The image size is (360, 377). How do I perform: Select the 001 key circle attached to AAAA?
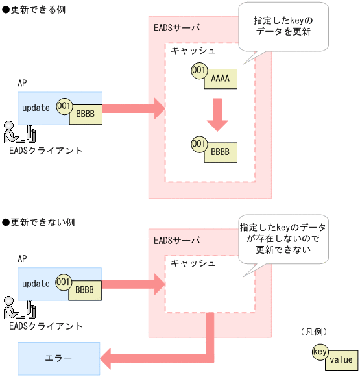coord(199,70)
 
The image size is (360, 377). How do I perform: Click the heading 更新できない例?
coord(38,222)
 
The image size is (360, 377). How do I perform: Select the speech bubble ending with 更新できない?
coord(283,239)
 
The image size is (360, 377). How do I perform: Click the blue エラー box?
coord(58,358)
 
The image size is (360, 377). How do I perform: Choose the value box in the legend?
coord(341,359)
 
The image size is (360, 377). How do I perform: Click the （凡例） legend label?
coord(317,332)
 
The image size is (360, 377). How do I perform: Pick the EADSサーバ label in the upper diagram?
coord(177,29)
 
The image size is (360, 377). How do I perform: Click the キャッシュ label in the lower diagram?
coord(193,263)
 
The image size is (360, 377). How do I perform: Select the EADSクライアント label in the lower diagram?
coord(46,326)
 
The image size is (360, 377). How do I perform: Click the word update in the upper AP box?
coord(36,108)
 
